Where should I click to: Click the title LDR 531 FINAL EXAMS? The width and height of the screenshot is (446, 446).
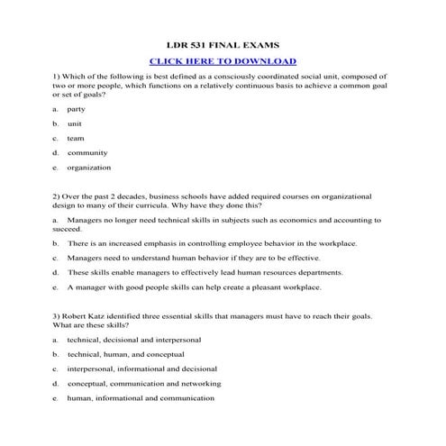coord(222,44)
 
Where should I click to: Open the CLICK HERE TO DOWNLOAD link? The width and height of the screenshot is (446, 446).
coord(222,61)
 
